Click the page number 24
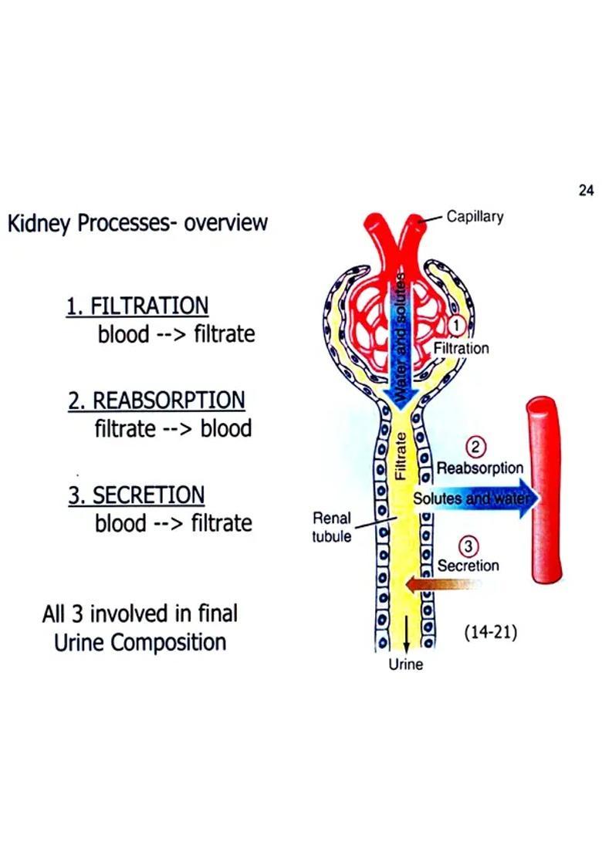click(x=585, y=191)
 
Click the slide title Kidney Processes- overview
click(x=137, y=224)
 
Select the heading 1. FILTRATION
click(x=137, y=306)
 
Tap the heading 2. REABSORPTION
click(x=157, y=400)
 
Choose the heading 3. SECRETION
click(x=137, y=495)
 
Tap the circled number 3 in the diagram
click(x=468, y=547)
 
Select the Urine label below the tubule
click(x=406, y=664)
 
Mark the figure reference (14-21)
click(x=490, y=633)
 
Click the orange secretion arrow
click(x=440, y=585)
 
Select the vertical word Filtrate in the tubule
click(x=400, y=456)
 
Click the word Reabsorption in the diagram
click(x=480, y=468)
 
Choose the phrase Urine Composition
click(x=140, y=642)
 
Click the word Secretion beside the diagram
click(x=468, y=566)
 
